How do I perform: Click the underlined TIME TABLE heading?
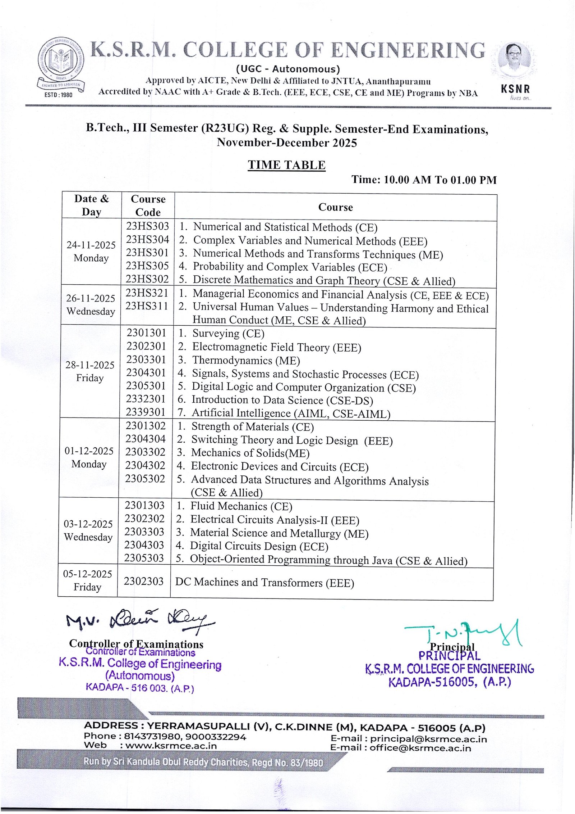click(x=286, y=165)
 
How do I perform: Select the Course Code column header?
click(x=148, y=205)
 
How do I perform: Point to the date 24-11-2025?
click(x=91, y=245)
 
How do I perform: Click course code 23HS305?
click(x=147, y=266)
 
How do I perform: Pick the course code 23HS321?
click(x=147, y=293)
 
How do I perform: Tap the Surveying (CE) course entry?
click(x=228, y=334)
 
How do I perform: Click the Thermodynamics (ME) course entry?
click(x=246, y=361)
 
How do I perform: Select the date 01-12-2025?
click(x=89, y=451)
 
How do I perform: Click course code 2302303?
click(x=144, y=582)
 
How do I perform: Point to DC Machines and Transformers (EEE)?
click(x=264, y=583)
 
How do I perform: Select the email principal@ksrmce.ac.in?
click(x=428, y=739)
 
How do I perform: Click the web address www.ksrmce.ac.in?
click(x=171, y=746)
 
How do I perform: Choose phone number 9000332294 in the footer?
click(x=216, y=737)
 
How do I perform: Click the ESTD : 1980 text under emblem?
click(x=58, y=95)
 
